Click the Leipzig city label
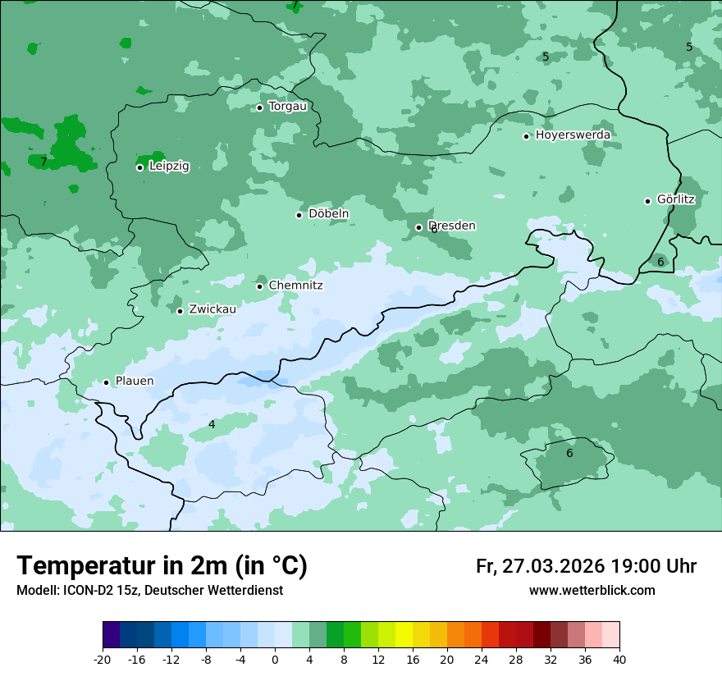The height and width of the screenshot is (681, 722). (169, 167)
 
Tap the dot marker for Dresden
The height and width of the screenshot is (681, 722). (418, 227)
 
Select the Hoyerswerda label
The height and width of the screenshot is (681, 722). (573, 135)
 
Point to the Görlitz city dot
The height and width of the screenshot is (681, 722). (647, 201)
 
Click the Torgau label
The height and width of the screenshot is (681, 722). (287, 107)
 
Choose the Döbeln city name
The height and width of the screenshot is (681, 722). (328, 214)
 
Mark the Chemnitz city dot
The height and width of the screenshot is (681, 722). (260, 286)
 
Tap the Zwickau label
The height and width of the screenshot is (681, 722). (212, 310)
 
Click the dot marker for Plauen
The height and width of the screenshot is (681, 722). (106, 382)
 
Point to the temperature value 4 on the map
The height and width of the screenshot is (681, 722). (212, 424)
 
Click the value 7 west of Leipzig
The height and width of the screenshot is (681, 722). (43, 162)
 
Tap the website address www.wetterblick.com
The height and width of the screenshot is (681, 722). (592, 591)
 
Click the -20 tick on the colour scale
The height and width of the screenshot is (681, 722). (103, 660)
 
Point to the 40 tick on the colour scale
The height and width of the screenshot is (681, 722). (619, 660)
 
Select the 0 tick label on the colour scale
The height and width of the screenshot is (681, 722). (275, 660)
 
